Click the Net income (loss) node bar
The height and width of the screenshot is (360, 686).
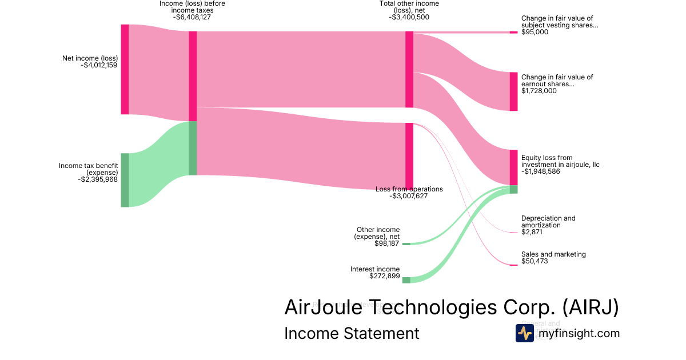(125, 69)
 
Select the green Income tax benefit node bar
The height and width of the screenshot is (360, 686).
(125, 180)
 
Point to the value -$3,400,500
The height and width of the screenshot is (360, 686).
(409, 17)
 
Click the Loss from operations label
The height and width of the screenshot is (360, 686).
(409, 189)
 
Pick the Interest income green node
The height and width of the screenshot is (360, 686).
(406, 280)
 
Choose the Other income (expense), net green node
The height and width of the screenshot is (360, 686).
(406, 243)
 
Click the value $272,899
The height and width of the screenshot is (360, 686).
(384, 276)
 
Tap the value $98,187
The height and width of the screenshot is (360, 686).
(386, 243)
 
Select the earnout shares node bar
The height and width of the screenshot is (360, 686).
(513, 91)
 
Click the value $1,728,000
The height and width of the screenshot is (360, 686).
(539, 91)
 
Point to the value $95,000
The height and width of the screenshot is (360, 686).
(535, 33)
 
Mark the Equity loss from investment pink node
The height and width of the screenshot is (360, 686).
(513, 167)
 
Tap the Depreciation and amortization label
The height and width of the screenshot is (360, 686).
(548, 222)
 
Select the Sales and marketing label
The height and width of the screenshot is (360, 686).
(553, 254)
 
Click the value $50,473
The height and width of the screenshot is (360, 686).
(535, 262)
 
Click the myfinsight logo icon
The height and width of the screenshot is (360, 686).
(524, 333)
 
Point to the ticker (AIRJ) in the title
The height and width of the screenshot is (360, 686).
(591, 307)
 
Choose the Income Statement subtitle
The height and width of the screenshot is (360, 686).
(352, 333)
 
